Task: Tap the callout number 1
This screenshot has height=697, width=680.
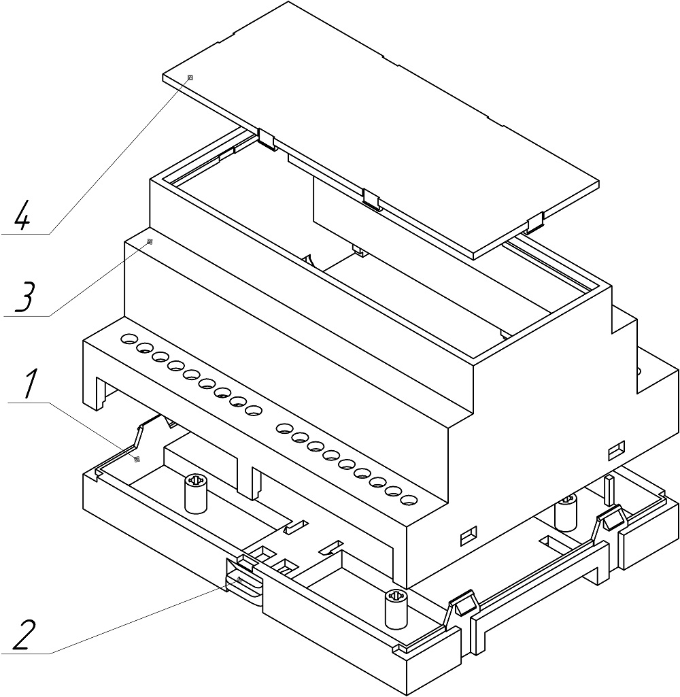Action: pyautogui.click(x=28, y=386)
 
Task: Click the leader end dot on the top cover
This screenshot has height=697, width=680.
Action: pyautogui.click(x=190, y=78)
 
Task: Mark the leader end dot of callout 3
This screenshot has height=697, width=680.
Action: pyautogui.click(x=150, y=241)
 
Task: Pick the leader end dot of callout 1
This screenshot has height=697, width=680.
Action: pyautogui.click(x=137, y=460)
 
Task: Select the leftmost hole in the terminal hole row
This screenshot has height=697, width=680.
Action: pyautogui.click(x=128, y=338)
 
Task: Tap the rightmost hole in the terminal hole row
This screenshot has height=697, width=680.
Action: pyautogui.click(x=408, y=500)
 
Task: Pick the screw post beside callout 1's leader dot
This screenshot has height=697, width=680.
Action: pyautogui.click(x=195, y=494)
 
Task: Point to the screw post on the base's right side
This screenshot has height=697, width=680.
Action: pyautogui.click(x=566, y=513)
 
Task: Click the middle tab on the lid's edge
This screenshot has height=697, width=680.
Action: pyautogui.click(x=371, y=199)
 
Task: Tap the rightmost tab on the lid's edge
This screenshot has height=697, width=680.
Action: pyautogui.click(x=534, y=221)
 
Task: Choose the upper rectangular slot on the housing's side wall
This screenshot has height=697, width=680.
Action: pyautogui.click(x=617, y=449)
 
